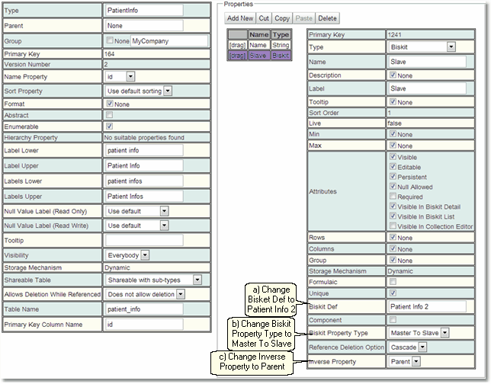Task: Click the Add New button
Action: click(240, 18)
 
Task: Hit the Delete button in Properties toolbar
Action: click(327, 18)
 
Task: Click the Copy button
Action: click(282, 18)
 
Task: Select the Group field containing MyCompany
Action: click(159, 40)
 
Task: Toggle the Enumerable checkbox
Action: click(110, 126)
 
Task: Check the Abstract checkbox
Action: click(110, 114)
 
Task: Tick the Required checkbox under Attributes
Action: click(393, 196)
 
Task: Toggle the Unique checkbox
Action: click(393, 293)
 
